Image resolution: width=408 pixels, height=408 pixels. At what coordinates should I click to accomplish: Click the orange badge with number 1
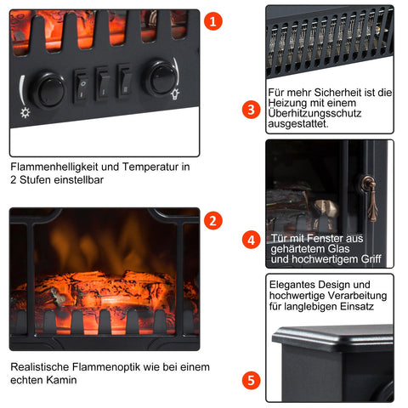click(215, 20)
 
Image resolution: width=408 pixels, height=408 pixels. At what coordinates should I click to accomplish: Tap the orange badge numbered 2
click(215, 220)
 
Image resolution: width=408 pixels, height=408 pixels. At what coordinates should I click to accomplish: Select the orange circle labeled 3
click(250, 110)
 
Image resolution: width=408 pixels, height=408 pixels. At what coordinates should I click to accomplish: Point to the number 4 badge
click(250, 240)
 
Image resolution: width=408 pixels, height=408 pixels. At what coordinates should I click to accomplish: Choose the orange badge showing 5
click(250, 380)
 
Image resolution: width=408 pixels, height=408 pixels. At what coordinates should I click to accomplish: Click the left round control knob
click(49, 88)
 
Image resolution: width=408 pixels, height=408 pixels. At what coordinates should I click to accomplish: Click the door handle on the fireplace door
click(368, 189)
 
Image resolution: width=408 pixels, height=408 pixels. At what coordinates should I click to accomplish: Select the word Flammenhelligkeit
click(50, 167)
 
